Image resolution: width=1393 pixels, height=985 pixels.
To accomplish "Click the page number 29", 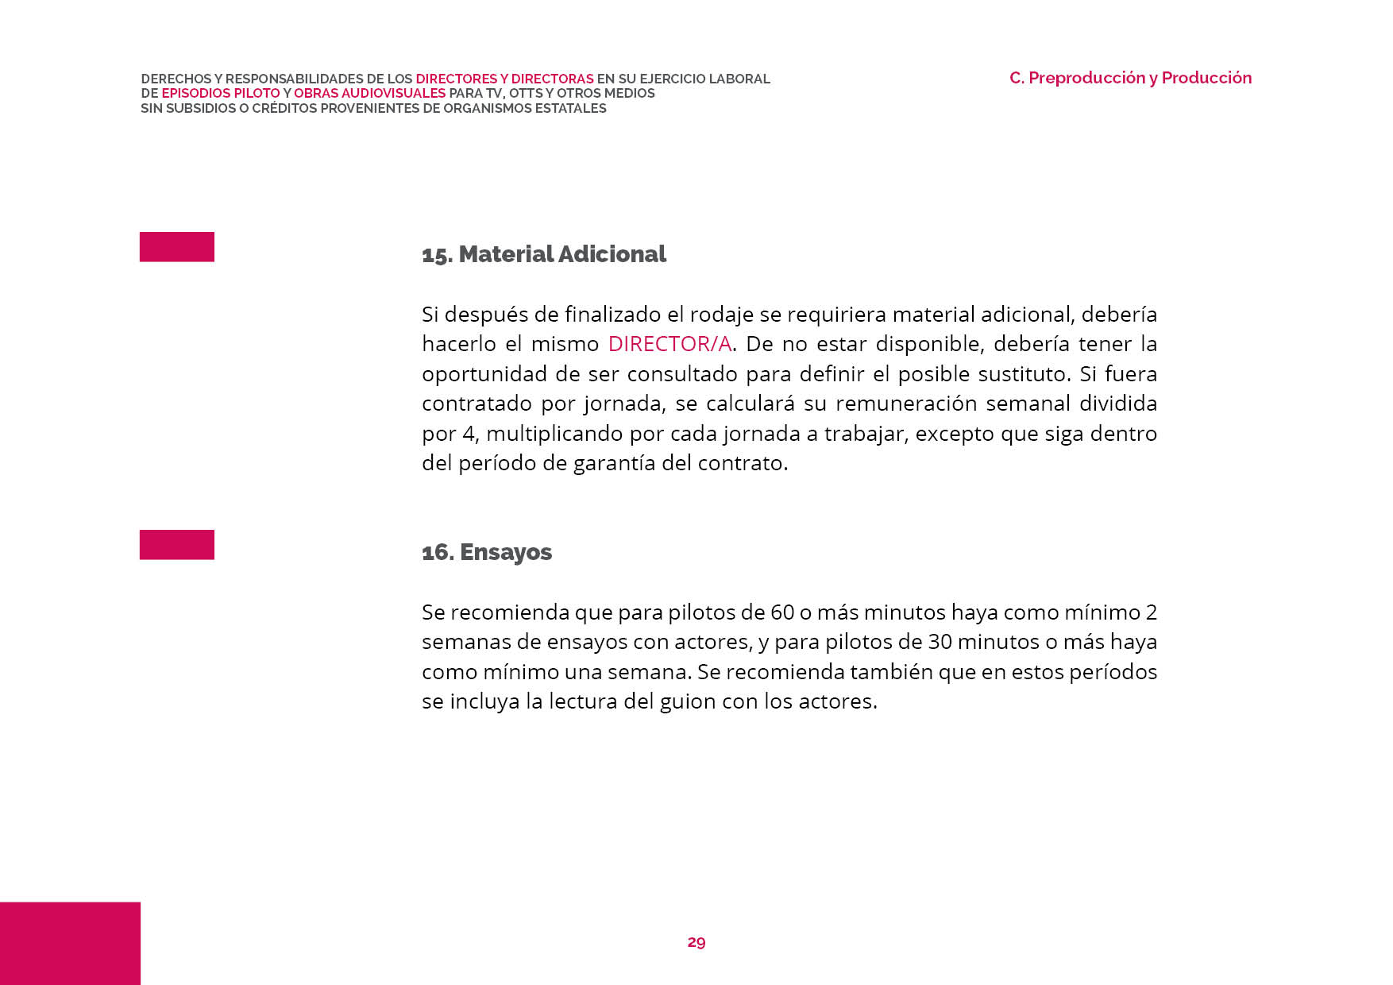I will click(x=696, y=942).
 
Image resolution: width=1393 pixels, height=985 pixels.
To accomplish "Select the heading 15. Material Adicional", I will click(x=544, y=254).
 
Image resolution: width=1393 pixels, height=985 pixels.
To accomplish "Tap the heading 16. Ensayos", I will click(x=487, y=552).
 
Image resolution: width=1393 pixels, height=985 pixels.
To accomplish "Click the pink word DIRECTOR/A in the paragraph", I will click(x=669, y=344).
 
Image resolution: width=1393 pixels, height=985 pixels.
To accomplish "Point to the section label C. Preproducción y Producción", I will click(x=1130, y=78).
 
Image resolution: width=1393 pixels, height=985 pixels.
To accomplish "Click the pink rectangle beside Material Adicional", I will click(x=177, y=247).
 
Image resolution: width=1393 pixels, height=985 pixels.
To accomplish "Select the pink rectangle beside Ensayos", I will click(x=177, y=545).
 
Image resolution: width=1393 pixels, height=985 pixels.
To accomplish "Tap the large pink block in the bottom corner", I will click(x=70, y=943).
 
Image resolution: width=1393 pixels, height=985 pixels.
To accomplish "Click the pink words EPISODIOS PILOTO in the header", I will click(x=221, y=94).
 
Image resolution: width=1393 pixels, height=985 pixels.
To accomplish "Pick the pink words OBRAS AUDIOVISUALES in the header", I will click(x=369, y=94).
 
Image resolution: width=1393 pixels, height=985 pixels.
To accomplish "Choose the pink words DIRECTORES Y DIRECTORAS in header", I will click(x=504, y=79).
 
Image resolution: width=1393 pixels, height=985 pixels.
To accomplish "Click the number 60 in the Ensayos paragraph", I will click(x=782, y=612).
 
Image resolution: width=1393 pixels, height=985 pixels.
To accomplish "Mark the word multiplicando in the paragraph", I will click(x=553, y=434).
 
